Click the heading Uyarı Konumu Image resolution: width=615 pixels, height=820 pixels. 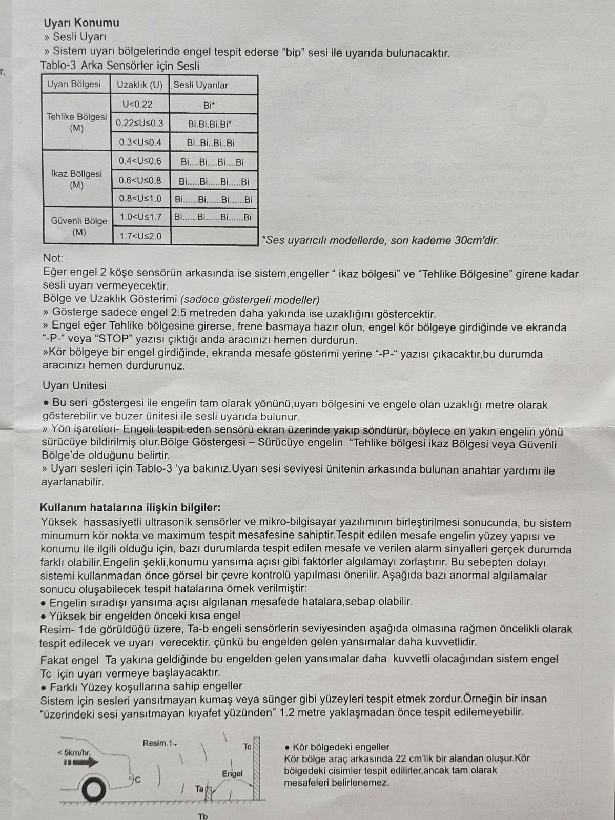tap(81, 23)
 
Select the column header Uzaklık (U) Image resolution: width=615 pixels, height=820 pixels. tap(139, 85)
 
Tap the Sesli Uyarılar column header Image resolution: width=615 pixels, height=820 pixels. tap(200, 85)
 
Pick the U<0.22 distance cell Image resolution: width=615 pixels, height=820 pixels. tap(138, 104)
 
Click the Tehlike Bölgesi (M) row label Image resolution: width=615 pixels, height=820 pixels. tap(76, 122)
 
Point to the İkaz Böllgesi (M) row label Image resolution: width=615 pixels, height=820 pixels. tap(76, 179)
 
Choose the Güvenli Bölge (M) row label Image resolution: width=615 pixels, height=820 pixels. tap(79, 226)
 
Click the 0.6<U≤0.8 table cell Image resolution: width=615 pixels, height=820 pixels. tap(140, 180)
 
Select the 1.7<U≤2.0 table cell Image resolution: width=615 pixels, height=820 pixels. tap(140, 236)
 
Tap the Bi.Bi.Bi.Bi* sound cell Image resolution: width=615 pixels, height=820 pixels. tap(210, 124)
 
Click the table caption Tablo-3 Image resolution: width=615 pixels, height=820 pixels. tap(58, 66)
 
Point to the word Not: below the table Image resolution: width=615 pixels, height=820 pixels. tap(53, 258)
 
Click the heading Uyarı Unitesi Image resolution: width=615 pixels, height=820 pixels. tap(75, 385)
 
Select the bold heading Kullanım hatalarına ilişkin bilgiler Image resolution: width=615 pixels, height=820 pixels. tap(130, 507)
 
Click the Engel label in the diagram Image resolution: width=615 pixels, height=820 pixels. tap(232, 773)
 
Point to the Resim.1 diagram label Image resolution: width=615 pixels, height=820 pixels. tap(159, 743)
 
